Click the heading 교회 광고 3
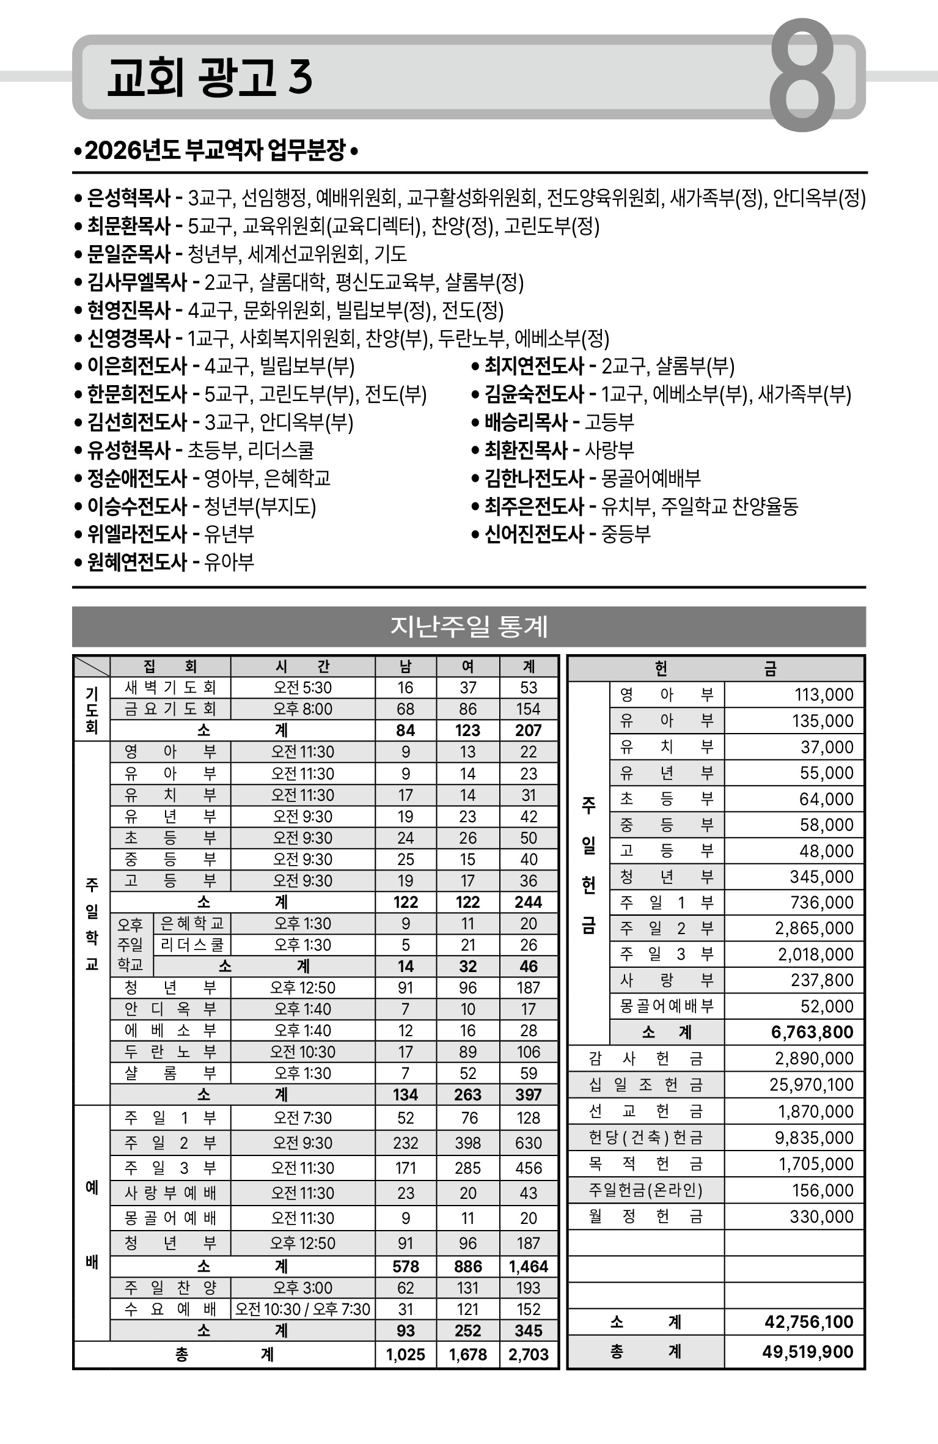210,78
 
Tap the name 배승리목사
526,422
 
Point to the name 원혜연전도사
137,562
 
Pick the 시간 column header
302,666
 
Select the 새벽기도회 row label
170,688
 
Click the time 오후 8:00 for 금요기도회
302,709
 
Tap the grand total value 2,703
529,1355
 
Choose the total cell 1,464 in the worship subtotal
529,1266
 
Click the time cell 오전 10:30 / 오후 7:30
302,1309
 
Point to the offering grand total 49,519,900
807,1352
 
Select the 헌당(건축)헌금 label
646,1138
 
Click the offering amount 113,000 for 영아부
824,695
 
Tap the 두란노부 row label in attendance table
170,1052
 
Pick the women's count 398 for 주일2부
467,1143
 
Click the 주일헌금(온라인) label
646,1190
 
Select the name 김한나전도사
534,479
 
